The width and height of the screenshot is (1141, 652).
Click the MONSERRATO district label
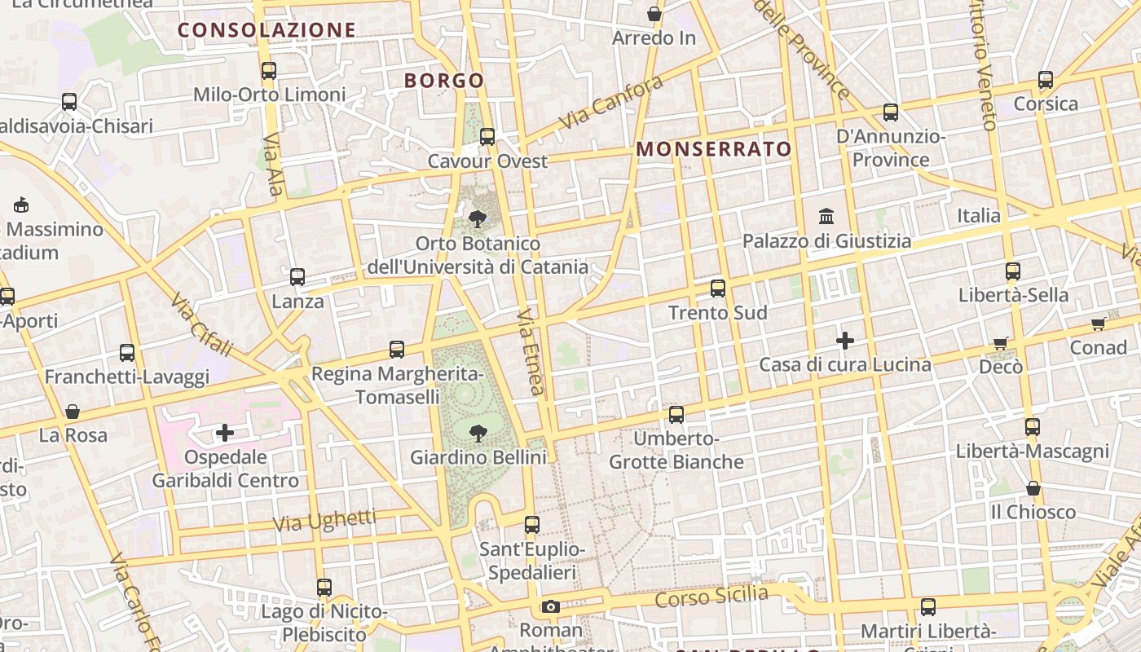point(714,149)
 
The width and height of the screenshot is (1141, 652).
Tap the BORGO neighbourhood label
point(444,81)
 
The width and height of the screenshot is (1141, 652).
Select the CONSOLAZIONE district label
point(267,30)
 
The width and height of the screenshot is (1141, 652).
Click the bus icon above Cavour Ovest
point(487,136)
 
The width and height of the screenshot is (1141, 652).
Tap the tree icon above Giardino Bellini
point(478,433)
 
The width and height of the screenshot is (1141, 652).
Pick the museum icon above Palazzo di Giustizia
point(826,217)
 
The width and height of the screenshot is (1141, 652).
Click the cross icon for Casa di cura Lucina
point(845,340)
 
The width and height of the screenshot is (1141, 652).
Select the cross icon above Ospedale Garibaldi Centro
point(225,432)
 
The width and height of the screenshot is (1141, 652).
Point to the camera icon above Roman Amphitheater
point(551,606)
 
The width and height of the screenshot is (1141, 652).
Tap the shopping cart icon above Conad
point(1099,324)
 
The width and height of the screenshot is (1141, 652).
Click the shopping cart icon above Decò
point(1001,343)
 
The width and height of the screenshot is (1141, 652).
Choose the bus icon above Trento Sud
point(718,288)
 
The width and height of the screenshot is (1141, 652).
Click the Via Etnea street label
point(531,351)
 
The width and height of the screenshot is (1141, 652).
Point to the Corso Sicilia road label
point(711,596)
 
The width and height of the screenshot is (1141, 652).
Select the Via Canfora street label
point(611,103)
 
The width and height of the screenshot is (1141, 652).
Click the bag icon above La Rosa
point(73,412)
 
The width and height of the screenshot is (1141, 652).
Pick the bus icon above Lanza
point(297,277)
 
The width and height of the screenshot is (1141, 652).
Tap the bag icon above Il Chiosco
point(1033,488)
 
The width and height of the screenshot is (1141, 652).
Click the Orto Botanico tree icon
point(478,218)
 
